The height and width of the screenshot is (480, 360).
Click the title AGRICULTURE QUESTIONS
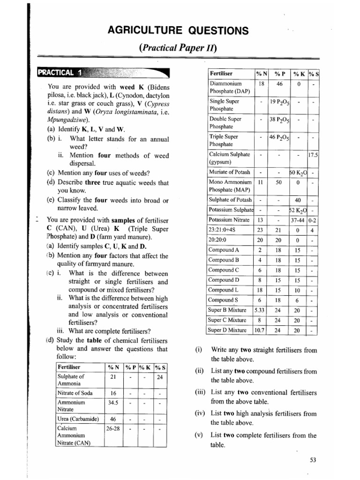pyautogui.click(x=178, y=30)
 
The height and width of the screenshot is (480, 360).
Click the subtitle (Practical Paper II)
pyautogui.click(x=178, y=48)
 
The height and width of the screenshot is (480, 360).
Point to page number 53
pyautogui.click(x=314, y=460)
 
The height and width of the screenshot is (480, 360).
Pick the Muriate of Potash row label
pyautogui.click(x=229, y=172)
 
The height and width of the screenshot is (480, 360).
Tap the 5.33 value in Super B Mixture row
pyautogui.click(x=259, y=310)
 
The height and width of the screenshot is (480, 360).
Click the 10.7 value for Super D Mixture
pyautogui.click(x=259, y=330)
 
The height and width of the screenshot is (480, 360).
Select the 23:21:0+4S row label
pyautogui.click(x=223, y=229)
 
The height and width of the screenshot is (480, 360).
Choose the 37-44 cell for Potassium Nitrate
pyautogui.click(x=297, y=219)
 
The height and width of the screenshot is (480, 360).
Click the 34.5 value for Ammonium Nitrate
pyautogui.click(x=112, y=403)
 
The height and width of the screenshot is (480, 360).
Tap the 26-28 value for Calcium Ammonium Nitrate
pyautogui.click(x=112, y=428)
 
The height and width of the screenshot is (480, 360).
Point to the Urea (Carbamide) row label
pyautogui.click(x=77, y=418)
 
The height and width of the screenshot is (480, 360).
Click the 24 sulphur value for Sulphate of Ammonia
pyautogui.click(x=159, y=377)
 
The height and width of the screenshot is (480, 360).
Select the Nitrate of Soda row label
pyautogui.click(x=75, y=393)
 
